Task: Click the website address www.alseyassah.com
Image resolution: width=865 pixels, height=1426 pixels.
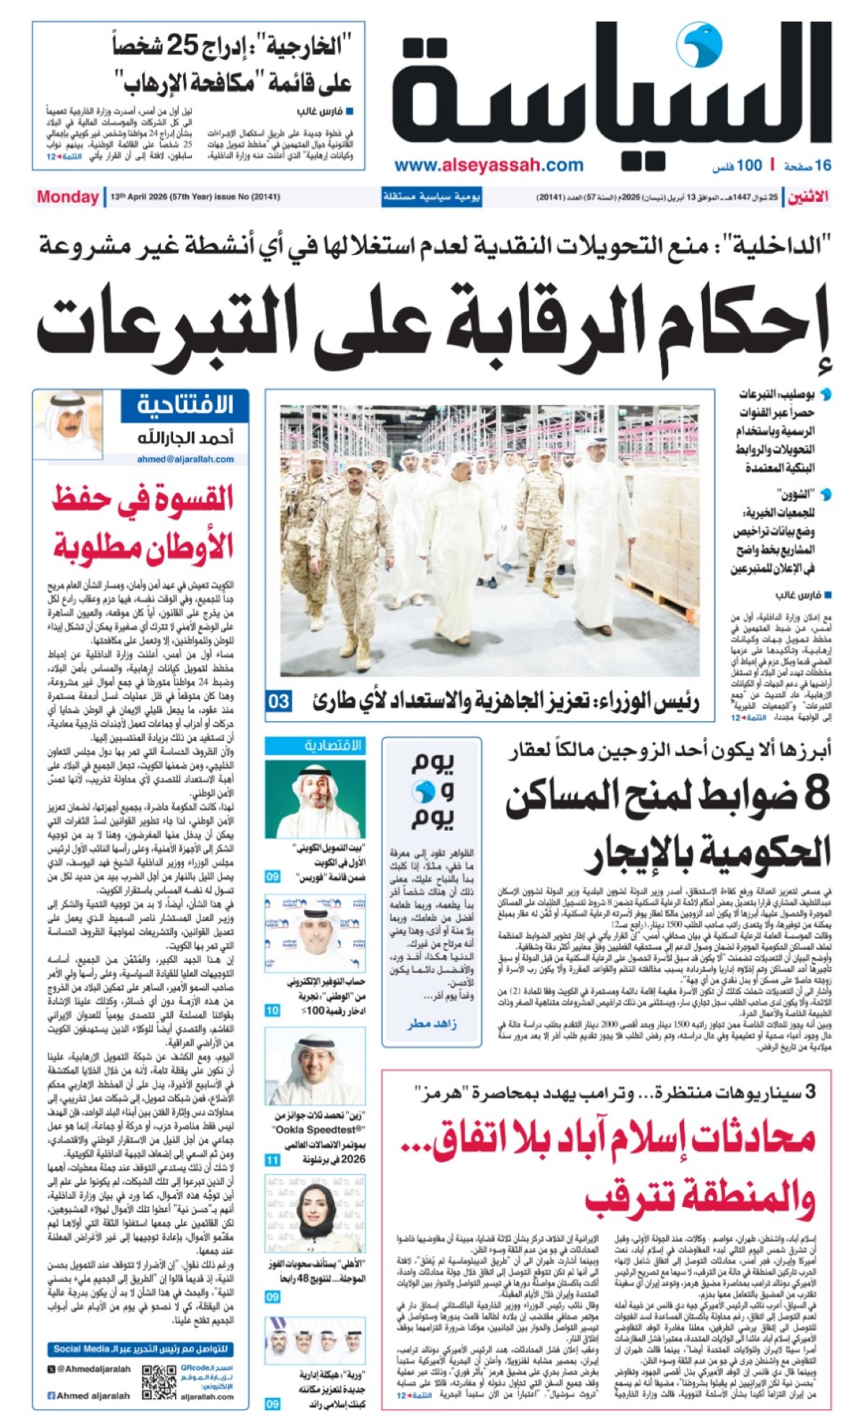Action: tap(489, 165)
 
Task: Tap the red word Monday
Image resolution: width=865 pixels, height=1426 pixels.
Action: tap(68, 197)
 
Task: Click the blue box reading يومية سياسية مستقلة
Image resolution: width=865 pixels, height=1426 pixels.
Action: tap(431, 197)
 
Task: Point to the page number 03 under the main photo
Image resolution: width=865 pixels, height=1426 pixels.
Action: tap(278, 701)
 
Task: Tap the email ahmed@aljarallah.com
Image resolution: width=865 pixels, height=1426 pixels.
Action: tap(185, 459)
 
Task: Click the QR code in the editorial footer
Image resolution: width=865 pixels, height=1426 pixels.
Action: tap(159, 1382)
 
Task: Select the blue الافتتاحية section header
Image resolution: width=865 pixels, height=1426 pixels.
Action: tap(185, 405)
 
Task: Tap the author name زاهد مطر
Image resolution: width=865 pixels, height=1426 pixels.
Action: tap(431, 1024)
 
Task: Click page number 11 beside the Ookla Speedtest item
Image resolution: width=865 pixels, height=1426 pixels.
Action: tap(272, 1160)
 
